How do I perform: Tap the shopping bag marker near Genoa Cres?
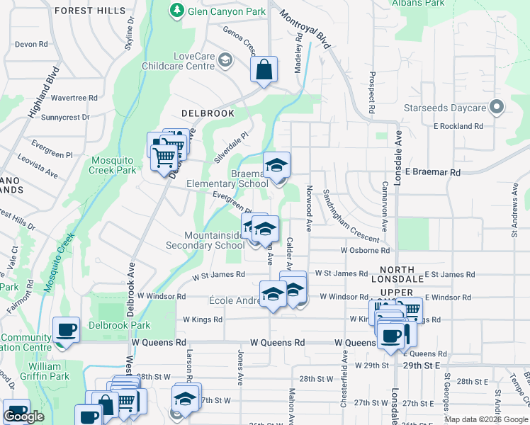click(264, 70)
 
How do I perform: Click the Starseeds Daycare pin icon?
click(497, 108)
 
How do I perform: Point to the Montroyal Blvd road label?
click(305, 29)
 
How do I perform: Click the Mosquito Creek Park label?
click(113, 165)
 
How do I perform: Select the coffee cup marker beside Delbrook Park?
click(67, 331)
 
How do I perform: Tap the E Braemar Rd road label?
click(433, 172)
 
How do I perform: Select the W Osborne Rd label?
click(365, 250)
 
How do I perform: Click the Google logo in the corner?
click(23, 417)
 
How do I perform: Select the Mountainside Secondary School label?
click(204, 240)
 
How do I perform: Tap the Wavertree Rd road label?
click(73, 98)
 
